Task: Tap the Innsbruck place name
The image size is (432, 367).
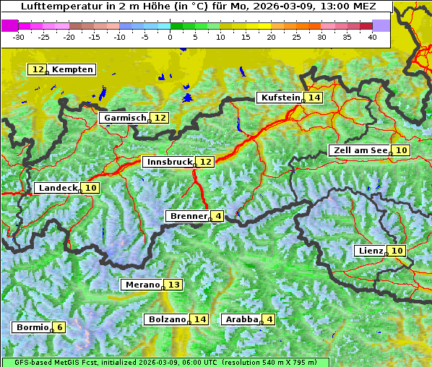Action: click(168, 162)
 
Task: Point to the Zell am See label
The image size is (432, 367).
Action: click(358, 150)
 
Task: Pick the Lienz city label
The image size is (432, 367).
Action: click(369, 251)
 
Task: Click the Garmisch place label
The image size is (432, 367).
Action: click(124, 118)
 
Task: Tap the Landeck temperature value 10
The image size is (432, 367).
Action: click(91, 188)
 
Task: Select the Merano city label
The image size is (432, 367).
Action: click(142, 285)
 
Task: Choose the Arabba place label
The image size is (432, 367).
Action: click(241, 319)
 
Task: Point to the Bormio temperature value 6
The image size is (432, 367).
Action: click(60, 327)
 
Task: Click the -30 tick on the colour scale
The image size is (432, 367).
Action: click(19, 37)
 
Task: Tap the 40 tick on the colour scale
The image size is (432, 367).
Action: click(372, 37)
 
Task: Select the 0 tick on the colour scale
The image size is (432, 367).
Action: click(170, 37)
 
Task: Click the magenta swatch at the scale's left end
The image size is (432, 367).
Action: click(10, 25)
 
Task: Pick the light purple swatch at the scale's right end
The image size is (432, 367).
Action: click(381, 25)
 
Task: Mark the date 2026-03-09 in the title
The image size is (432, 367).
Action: click(288, 7)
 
